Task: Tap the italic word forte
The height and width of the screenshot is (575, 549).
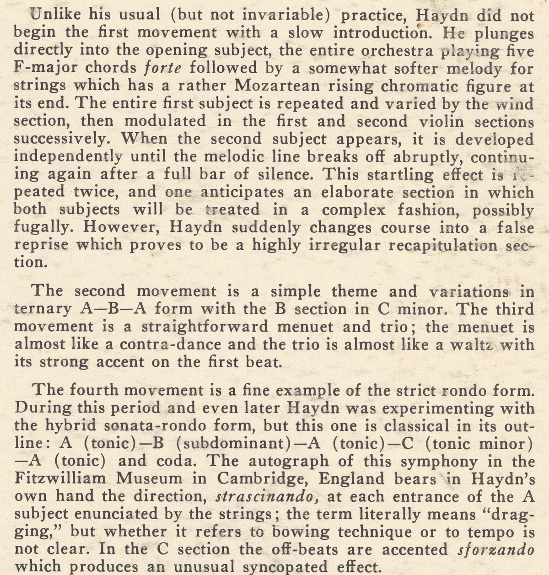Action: [162, 68]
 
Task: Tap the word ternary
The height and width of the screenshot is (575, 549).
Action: [43, 309]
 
